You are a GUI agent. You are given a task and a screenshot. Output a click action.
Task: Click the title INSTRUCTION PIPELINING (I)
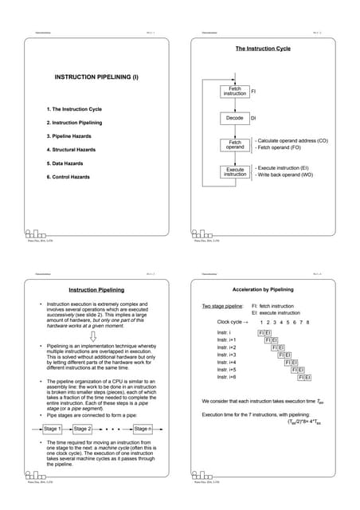coord(95,78)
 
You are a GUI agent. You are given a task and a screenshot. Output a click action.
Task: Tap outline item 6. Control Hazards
coord(68,176)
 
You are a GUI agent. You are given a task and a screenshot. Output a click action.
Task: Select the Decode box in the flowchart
coord(235,118)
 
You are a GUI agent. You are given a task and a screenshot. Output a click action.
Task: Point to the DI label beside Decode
coord(254,118)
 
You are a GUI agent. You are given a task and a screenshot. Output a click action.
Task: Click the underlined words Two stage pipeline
coord(218,306)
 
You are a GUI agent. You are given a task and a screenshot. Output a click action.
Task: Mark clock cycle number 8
coord(307,322)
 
